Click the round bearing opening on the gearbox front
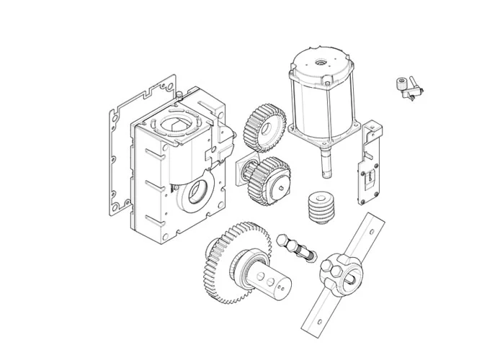[x=197, y=195]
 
